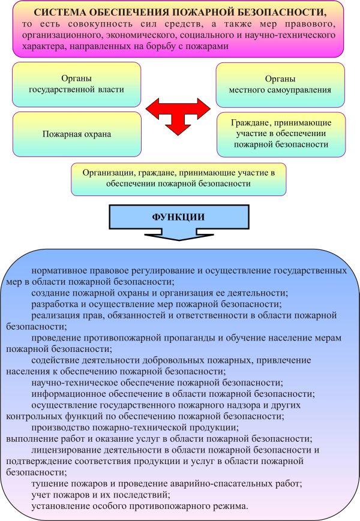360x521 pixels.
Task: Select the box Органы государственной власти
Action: pos(76,85)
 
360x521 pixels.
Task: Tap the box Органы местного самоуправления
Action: pos(280,85)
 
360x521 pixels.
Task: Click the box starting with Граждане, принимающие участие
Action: pos(280,133)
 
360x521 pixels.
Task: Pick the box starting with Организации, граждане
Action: pos(178,179)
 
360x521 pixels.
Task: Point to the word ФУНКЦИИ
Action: pos(177,216)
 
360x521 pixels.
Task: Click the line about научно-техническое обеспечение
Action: pos(157,382)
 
